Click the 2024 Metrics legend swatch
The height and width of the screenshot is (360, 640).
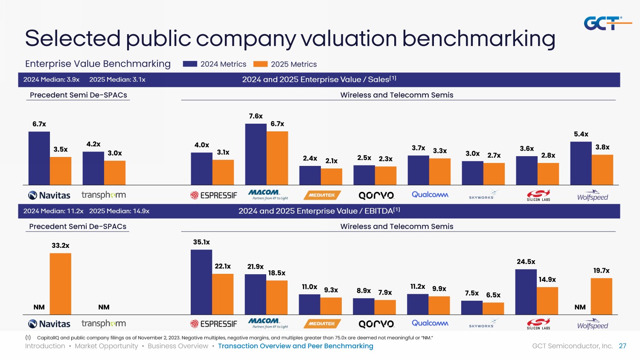point(190,64)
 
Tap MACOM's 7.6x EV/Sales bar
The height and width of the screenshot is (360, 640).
point(256,154)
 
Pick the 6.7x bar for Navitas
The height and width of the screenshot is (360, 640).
point(39,158)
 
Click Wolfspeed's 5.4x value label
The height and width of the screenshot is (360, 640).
point(581,134)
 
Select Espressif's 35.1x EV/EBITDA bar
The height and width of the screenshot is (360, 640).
point(201,282)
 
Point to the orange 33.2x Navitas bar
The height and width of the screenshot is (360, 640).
point(61,284)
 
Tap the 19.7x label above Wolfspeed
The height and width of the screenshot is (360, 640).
point(601,270)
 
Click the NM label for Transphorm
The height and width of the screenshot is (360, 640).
point(104,307)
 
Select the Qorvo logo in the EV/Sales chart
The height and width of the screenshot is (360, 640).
point(376,195)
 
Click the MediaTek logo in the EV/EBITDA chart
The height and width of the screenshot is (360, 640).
point(322,324)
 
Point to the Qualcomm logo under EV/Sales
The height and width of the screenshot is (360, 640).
point(430,195)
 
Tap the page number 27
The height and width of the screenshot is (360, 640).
point(623,346)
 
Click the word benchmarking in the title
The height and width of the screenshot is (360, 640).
point(478,38)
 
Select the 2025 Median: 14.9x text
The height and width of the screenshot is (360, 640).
point(119,211)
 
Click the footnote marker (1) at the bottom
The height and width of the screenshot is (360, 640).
point(28,338)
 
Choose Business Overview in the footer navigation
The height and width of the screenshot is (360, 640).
point(178,346)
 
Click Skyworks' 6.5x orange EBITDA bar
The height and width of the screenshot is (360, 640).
point(493,308)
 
